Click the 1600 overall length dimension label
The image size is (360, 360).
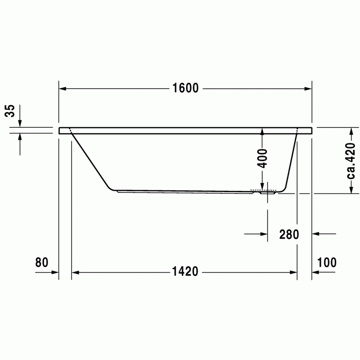point(185,88)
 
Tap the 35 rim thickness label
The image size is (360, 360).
point(10,111)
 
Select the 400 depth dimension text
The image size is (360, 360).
point(262,158)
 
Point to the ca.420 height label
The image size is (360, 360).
point(351,161)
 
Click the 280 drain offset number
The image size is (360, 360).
point(289,234)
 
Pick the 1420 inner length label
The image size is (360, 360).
point(185,272)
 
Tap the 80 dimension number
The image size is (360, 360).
point(42,262)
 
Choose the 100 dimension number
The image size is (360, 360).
point(327,262)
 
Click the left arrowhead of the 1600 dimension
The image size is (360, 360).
point(63,89)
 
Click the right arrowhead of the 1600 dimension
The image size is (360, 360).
point(308,89)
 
